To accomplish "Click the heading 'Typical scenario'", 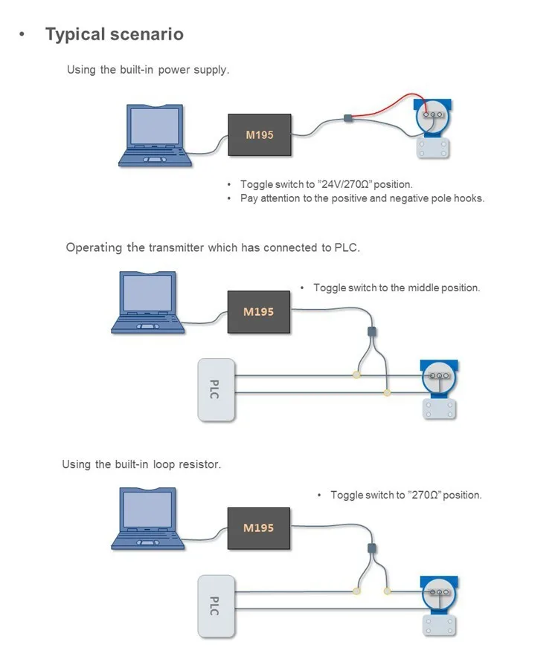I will point(114,34).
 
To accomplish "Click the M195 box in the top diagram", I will point(260,134).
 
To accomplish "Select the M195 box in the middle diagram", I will point(258,311).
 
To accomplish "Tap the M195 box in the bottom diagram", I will point(258,527).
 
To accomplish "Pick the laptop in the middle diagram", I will point(148,302).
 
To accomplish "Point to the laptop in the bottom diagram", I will point(148,518).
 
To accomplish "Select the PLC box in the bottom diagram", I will point(216,604).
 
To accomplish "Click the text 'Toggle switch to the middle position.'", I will point(397,288).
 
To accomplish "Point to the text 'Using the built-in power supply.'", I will point(148,70).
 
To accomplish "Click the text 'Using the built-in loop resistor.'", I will point(141,464).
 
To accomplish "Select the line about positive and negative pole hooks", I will point(362,198).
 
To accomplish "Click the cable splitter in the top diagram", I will point(347,117).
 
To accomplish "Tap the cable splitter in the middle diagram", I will point(372,332).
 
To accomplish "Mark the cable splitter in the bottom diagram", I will point(371,548).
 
